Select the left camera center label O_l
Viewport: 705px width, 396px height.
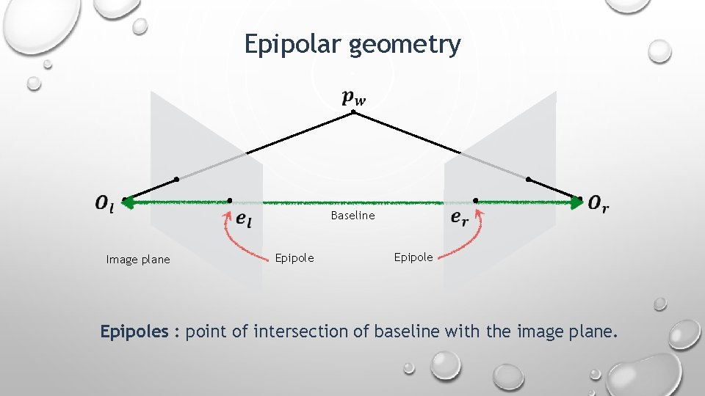coord(104,204)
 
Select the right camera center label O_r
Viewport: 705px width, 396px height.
coord(599,204)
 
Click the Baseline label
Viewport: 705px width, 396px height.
coord(352,216)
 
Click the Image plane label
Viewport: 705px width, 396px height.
coord(137,260)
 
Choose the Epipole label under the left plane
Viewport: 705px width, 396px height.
coord(294,258)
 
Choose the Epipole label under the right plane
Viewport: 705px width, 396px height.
coord(413,257)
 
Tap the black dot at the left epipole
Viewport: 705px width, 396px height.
coord(230,200)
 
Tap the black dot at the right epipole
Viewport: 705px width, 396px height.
coord(476,200)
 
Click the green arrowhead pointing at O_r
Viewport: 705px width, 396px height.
coord(577,200)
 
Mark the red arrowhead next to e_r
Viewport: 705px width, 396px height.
coord(480,214)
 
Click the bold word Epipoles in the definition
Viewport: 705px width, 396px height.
coord(134,332)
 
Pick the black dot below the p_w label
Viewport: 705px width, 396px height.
coord(355,112)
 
